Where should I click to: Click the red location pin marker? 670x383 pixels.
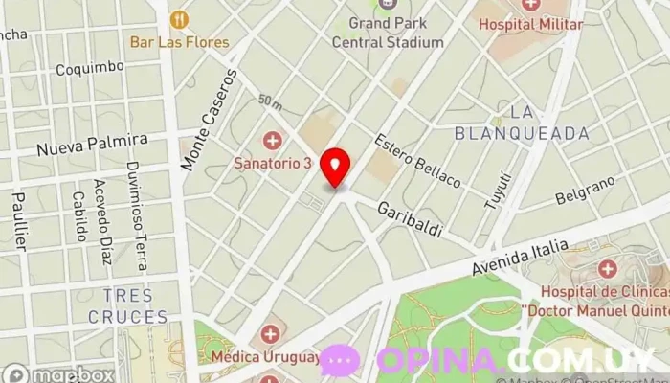(x=335, y=168)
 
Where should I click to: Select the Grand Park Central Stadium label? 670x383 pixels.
(x=388, y=33)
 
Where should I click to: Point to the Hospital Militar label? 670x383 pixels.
(x=530, y=24)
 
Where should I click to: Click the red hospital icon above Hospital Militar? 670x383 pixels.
(x=530, y=5)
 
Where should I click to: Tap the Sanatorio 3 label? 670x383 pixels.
(x=274, y=163)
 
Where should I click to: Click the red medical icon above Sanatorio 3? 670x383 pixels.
(x=274, y=142)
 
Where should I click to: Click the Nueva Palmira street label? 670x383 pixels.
(x=92, y=145)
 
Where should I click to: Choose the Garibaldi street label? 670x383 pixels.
(x=409, y=219)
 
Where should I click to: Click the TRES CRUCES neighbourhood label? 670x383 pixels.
(x=127, y=306)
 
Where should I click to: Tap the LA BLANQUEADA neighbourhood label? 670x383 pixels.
(x=522, y=124)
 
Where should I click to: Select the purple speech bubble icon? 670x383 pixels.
(x=340, y=360)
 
